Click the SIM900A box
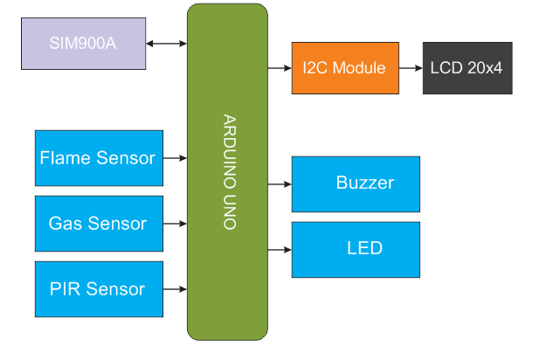click(83, 43)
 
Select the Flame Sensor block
click(99, 158)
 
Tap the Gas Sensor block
click(99, 224)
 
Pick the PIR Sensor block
click(99, 289)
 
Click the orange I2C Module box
click(344, 68)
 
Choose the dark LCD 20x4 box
click(467, 68)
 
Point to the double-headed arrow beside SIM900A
click(167, 43)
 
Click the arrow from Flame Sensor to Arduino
click(175, 158)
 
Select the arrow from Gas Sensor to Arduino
click(175, 224)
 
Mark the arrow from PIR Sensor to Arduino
click(175, 289)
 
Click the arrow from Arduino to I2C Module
click(279, 68)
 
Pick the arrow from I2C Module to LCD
click(411, 68)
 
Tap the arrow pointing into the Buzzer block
click(279, 184)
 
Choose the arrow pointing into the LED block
click(279, 249)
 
